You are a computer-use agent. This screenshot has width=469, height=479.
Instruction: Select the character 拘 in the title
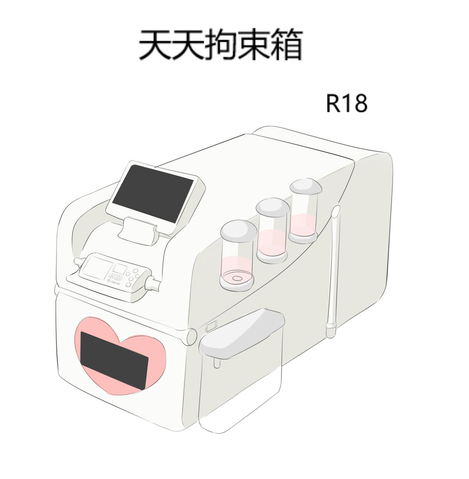[x=221, y=45]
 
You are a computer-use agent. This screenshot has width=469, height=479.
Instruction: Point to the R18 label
[x=347, y=103]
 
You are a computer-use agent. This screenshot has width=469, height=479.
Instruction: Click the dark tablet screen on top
[x=152, y=194]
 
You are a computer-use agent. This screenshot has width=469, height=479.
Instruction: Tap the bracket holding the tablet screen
[x=138, y=231]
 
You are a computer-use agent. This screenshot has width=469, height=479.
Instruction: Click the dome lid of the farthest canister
[x=306, y=186]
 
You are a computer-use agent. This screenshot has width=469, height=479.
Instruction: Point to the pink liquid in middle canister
[x=272, y=243]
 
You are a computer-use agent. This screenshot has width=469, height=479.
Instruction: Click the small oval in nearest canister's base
[x=237, y=278]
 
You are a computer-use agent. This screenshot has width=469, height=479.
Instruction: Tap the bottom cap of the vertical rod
[x=331, y=330]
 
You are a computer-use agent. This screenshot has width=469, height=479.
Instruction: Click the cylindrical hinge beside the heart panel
[x=192, y=337]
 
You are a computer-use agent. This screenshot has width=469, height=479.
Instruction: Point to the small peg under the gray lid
[x=217, y=363]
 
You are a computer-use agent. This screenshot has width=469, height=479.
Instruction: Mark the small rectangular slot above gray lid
[x=211, y=326]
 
